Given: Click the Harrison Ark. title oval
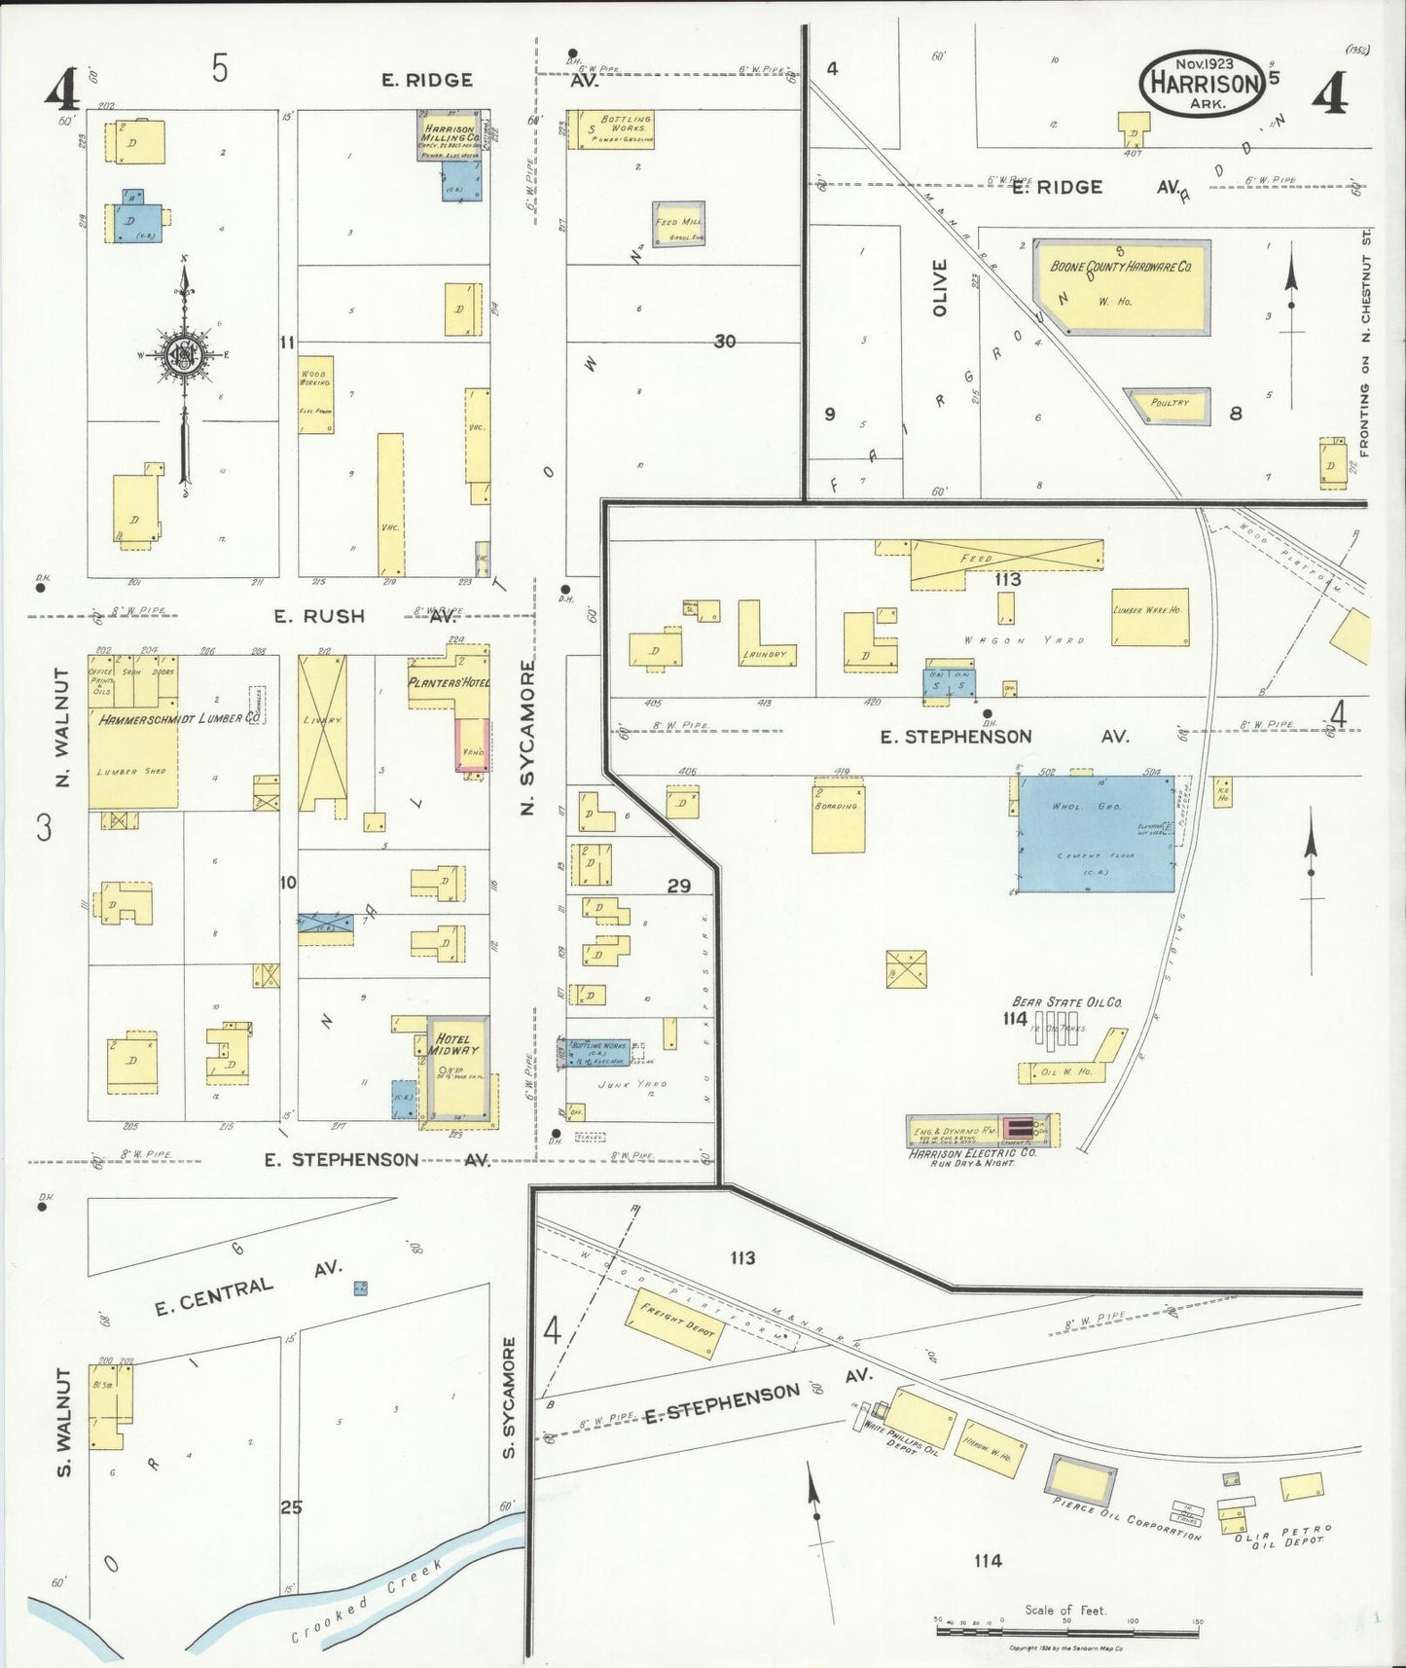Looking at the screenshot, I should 1204,83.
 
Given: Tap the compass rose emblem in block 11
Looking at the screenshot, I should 184,354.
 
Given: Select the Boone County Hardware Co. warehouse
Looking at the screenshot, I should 1122,286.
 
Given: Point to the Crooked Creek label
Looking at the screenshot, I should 367,1601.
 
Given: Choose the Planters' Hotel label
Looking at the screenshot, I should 448,682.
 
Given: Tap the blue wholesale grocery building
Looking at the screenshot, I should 1097,834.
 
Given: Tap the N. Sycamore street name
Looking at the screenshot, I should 528,737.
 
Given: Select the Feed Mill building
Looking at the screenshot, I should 678,225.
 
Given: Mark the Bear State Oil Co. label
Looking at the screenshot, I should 1067,1001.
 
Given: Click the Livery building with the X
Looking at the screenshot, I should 323,720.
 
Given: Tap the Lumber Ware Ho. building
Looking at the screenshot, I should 1150,616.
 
